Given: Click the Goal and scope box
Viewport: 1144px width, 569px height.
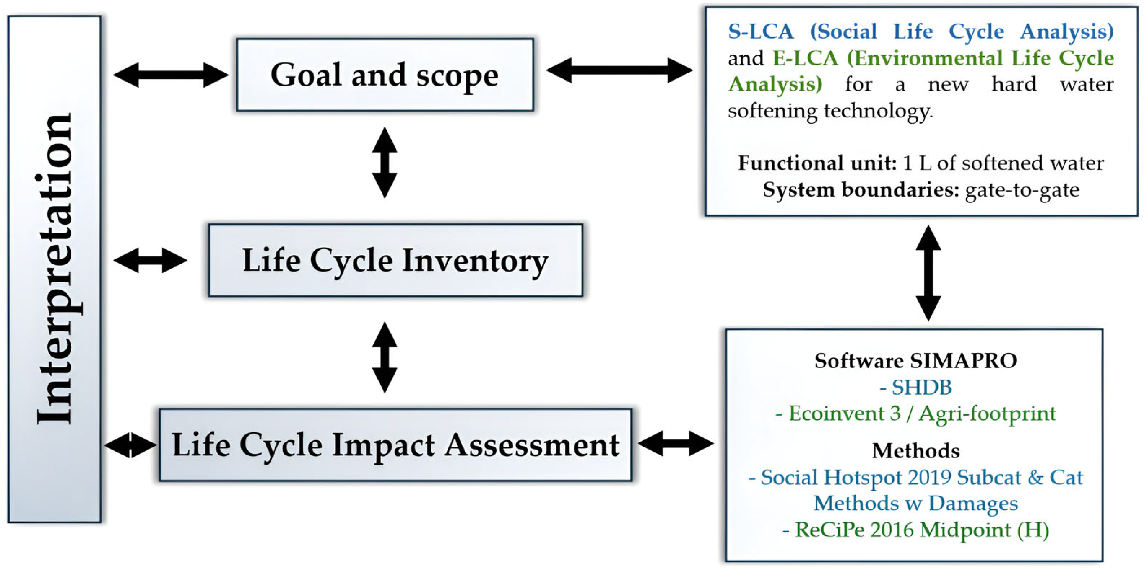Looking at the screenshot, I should pos(385,75).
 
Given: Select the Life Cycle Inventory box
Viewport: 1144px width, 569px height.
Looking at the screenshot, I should pos(395,261).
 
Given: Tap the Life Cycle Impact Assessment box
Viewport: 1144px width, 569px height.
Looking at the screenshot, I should pos(395,445).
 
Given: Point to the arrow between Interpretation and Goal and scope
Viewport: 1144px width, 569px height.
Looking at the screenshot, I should pos(171,75).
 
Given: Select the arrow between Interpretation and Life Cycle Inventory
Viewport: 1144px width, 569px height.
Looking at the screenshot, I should pos(150,261).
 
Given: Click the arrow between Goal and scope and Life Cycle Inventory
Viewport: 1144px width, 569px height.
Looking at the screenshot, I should pos(385,163).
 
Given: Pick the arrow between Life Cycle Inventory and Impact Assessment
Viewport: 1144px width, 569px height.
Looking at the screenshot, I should pos(385,357).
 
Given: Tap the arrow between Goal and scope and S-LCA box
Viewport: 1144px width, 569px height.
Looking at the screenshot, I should pos(619,70).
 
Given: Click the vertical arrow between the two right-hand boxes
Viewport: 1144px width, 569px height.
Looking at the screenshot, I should pos(928,273).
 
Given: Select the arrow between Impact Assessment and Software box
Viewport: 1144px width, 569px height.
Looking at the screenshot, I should pos(676,443).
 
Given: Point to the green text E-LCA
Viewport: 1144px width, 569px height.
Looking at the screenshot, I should pos(805,58).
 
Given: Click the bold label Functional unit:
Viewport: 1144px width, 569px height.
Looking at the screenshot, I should pos(817,163).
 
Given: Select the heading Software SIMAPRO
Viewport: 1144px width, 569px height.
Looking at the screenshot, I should pos(916,360).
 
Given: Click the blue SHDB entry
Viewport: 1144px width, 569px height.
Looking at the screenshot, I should pos(921,388).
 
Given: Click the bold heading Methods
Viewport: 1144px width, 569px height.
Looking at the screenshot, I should pos(916,451).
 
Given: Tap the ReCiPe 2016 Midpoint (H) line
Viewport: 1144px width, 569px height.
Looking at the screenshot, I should pos(916,530).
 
